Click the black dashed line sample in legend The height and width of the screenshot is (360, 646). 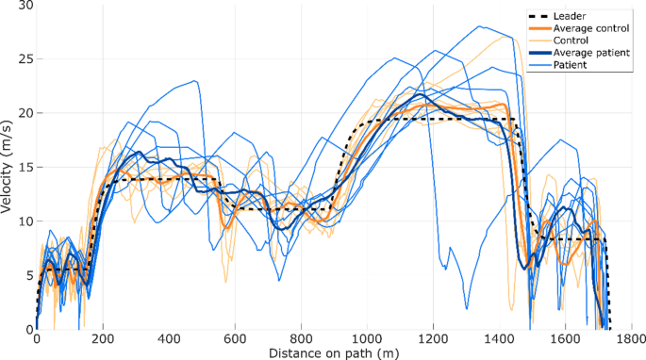pyautogui.click(x=540, y=16)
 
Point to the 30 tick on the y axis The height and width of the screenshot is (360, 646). pyautogui.click(x=25, y=6)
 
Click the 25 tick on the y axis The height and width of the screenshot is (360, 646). pyautogui.click(x=25, y=59)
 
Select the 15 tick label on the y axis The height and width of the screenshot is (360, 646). pyautogui.click(x=25, y=168)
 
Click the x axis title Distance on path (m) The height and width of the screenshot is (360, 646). pyautogui.click(x=334, y=352)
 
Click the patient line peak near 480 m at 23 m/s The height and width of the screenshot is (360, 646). pyautogui.click(x=195, y=81)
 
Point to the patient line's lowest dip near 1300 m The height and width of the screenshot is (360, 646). pyautogui.click(x=467, y=308)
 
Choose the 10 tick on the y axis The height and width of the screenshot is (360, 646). pyautogui.click(x=25, y=221)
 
